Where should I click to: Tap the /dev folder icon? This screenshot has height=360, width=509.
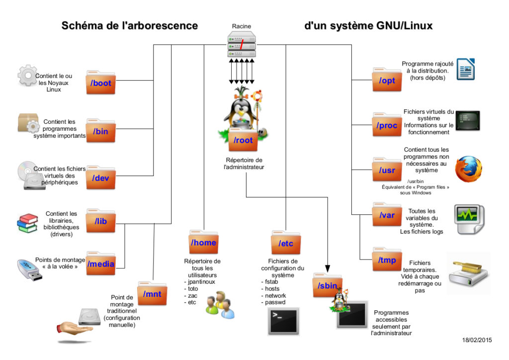click(x=101, y=178)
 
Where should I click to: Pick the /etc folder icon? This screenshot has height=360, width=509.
click(x=285, y=243)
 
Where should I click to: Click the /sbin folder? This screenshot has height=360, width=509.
click(x=327, y=285)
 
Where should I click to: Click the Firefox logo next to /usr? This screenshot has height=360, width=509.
click(x=469, y=170)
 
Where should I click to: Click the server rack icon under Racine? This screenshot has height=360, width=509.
click(x=242, y=43)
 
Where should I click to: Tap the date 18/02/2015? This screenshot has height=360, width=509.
click(x=477, y=340)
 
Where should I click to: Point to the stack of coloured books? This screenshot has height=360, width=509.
click(x=27, y=223)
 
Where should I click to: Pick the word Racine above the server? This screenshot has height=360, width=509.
click(x=242, y=26)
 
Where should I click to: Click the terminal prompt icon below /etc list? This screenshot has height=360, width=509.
click(x=283, y=320)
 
